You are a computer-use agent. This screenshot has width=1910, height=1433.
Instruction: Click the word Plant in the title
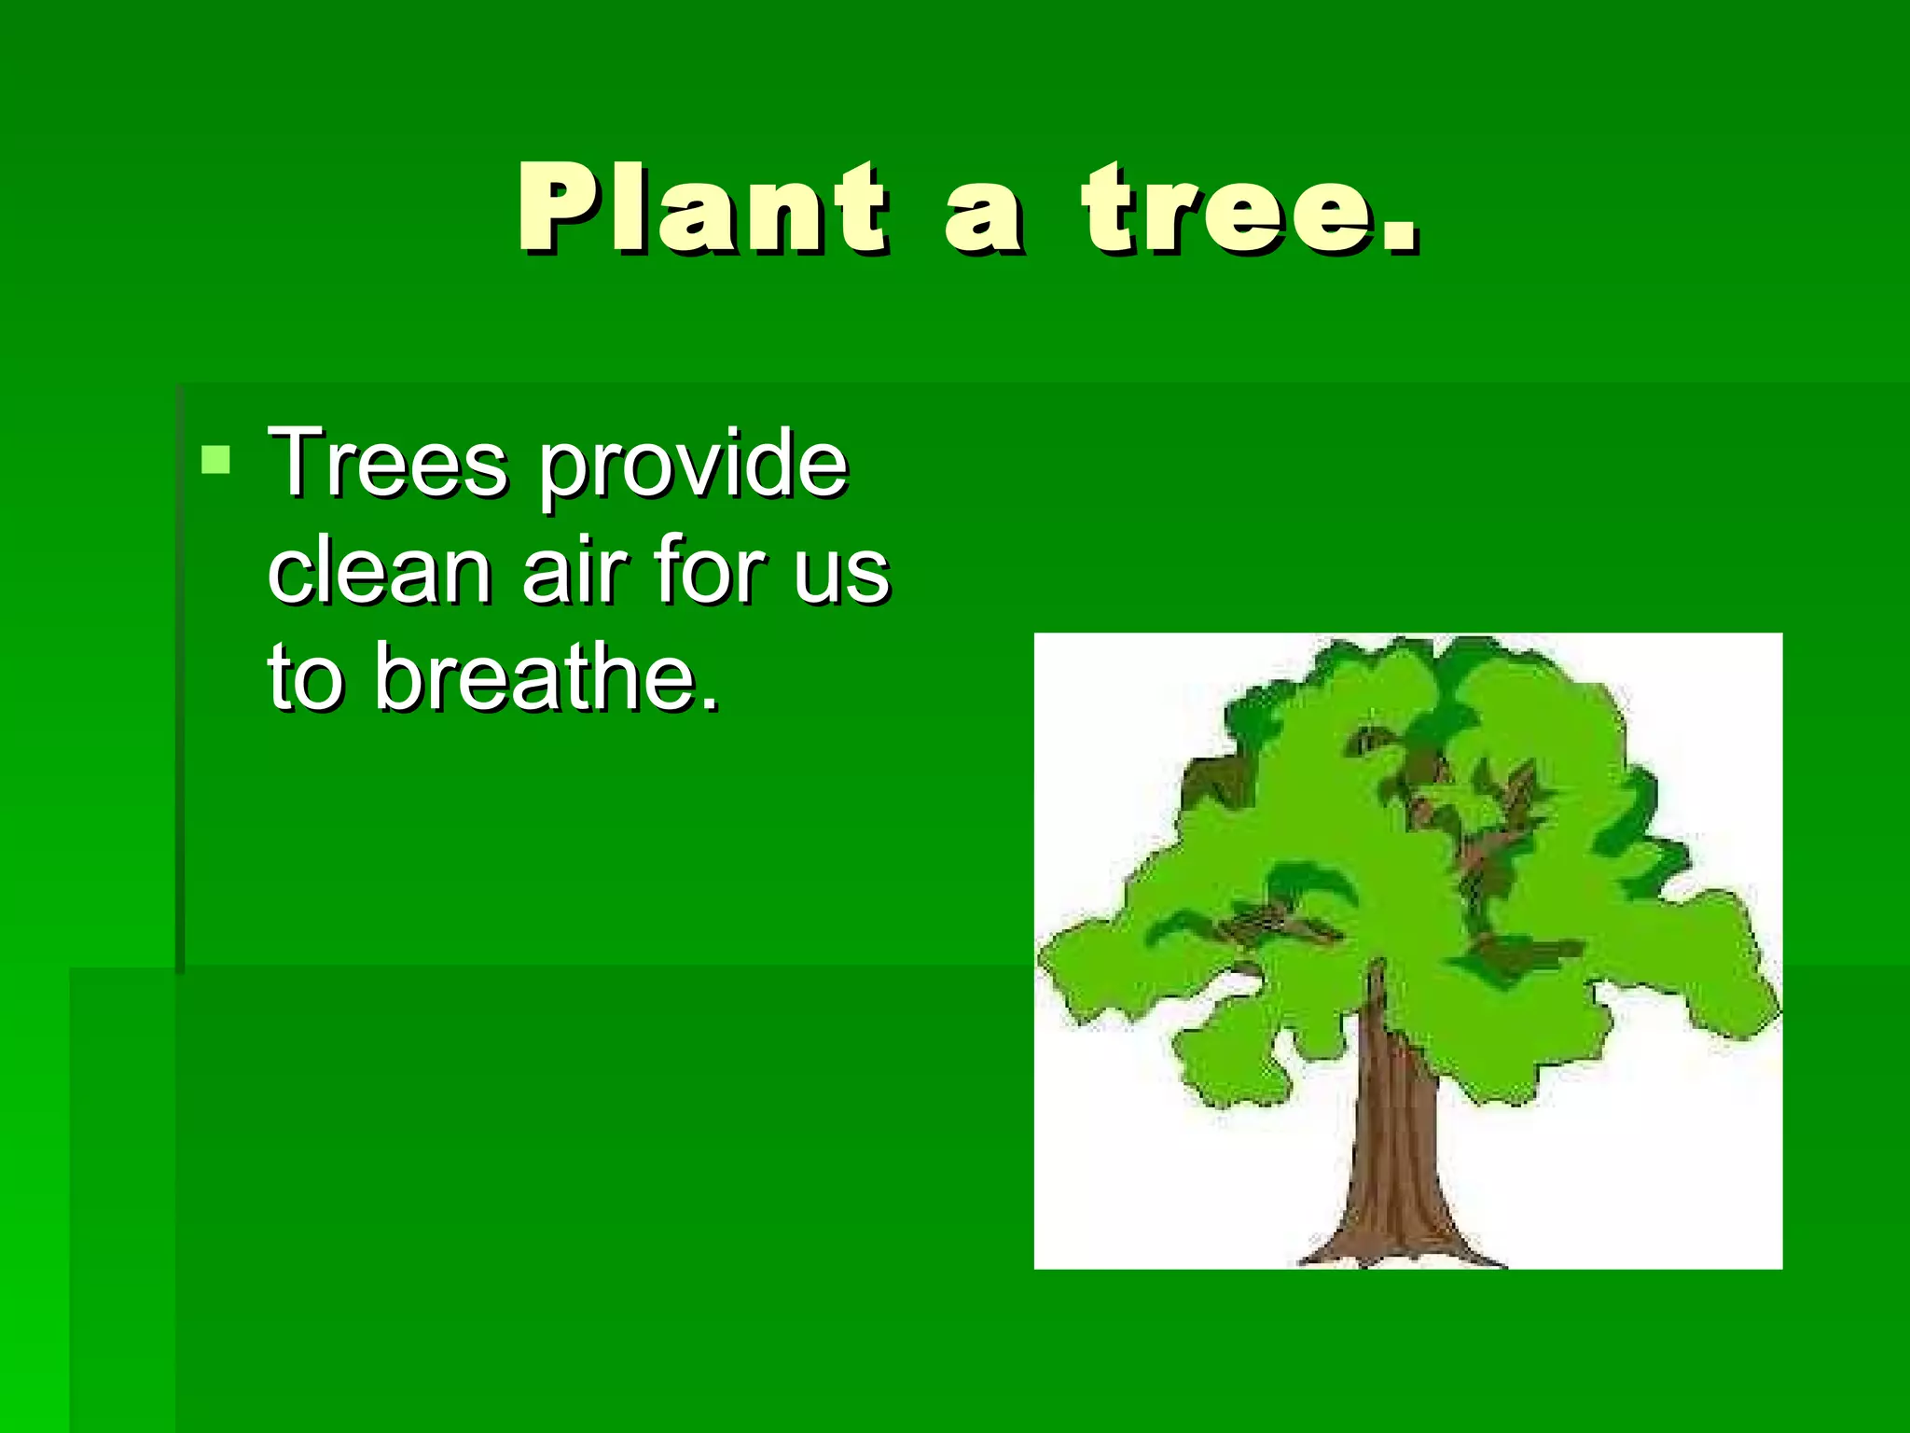[x=701, y=209]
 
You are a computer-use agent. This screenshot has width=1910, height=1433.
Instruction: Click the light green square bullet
[x=215, y=460]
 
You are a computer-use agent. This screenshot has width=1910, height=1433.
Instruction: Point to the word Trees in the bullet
[x=387, y=464]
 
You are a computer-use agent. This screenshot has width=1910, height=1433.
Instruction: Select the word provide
[x=693, y=466]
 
